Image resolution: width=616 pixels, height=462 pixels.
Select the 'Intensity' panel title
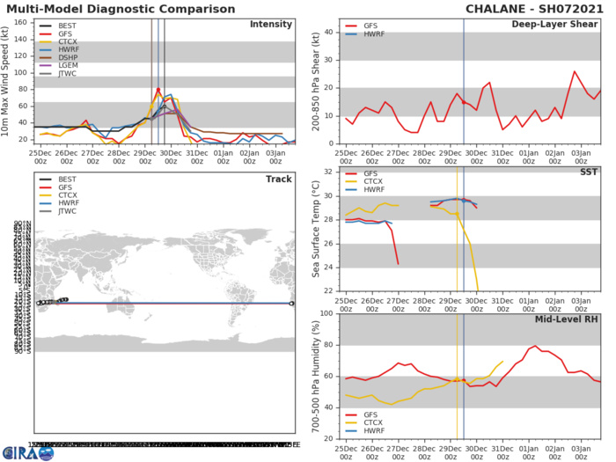pos(271,24)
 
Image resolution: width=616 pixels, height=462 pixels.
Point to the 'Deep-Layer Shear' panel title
pos(555,24)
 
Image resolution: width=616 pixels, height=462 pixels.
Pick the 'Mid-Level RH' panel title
pos(567,319)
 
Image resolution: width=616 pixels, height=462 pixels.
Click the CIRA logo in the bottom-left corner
pos(26,451)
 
